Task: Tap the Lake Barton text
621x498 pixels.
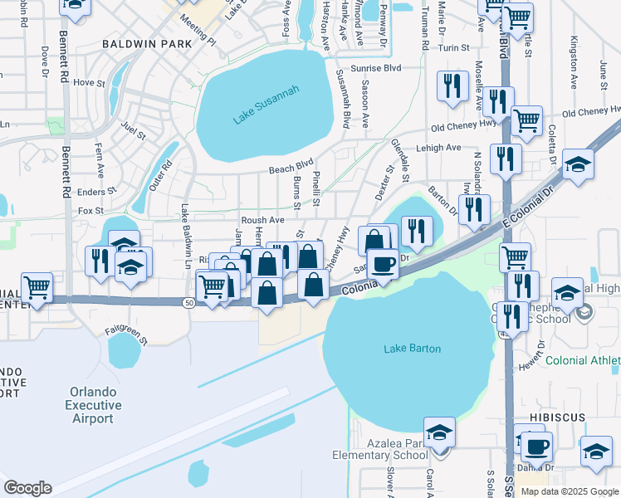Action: pos(412,349)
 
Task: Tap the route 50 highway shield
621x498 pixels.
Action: pos(189,304)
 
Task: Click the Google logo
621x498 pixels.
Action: pos(27,488)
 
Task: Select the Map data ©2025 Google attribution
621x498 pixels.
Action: pos(570,491)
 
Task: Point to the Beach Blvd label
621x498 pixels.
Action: pos(291,168)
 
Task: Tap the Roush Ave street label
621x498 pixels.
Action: pos(262,220)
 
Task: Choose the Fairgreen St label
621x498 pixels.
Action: pos(125,334)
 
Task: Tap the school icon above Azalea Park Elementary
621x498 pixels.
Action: pos(439,432)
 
